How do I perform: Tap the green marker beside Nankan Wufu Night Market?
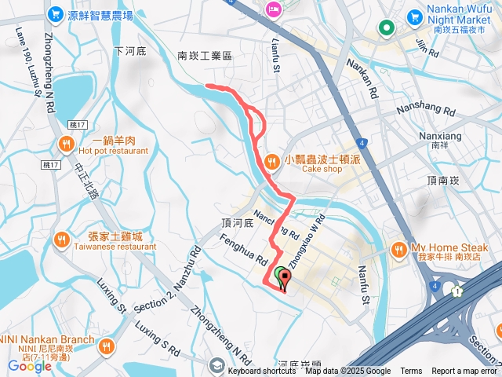click(386, 29)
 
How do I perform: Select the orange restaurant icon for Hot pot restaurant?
click(65, 144)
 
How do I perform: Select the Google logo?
click(30, 366)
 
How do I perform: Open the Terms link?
click(411, 372)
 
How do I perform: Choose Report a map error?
click(465, 372)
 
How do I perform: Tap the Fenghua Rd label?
click(245, 250)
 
